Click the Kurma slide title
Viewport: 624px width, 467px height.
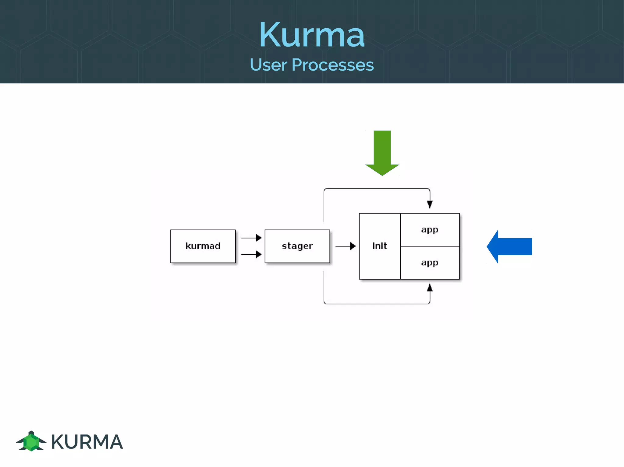click(x=312, y=35)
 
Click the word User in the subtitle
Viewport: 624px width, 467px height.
click(x=268, y=65)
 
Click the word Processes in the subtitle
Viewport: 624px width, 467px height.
click(x=332, y=65)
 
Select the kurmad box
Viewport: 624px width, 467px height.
click(x=203, y=246)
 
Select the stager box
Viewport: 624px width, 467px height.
click(x=297, y=246)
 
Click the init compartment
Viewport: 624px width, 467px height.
click(x=380, y=246)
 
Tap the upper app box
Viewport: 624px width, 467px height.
click(x=430, y=230)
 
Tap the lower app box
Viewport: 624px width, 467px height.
click(x=430, y=263)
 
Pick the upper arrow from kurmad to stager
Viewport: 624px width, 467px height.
click(x=251, y=238)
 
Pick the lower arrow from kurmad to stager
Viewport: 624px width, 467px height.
click(x=251, y=254)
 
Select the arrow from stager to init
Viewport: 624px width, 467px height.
click(x=346, y=246)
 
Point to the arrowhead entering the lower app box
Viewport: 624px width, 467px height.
click(x=430, y=288)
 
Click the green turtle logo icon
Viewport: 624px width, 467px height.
click(x=31, y=441)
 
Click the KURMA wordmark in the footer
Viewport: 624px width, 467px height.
click(x=87, y=442)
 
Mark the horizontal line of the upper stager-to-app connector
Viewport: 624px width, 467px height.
click(x=377, y=189)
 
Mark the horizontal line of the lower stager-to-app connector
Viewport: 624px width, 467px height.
click(x=377, y=304)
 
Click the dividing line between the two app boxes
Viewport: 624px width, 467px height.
click(x=430, y=246)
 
